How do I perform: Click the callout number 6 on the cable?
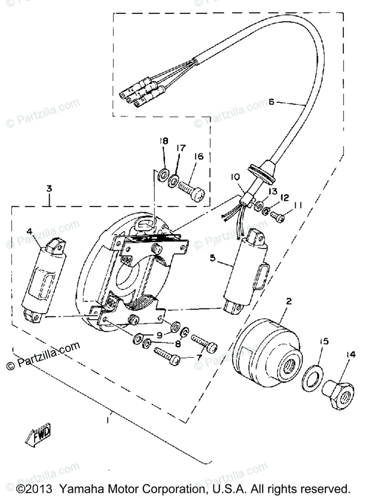point(272,102)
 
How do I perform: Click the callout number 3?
point(49,188)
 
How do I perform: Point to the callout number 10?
point(236,177)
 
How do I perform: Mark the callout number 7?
point(199,357)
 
